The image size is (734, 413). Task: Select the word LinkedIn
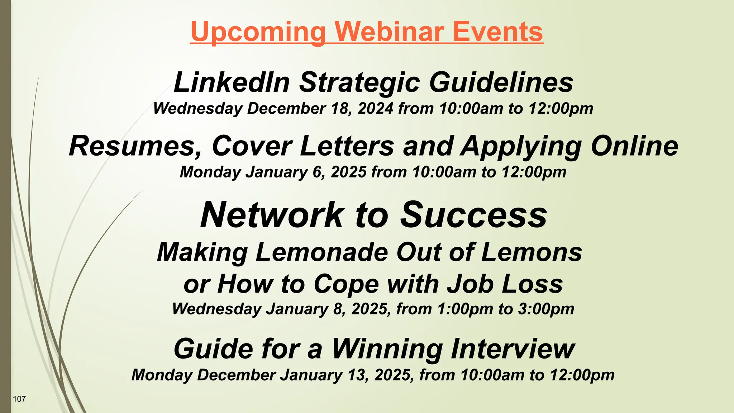tap(232, 82)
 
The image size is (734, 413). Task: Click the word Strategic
tap(359, 83)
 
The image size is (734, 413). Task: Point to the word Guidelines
tap(501, 82)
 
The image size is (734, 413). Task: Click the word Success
tap(473, 215)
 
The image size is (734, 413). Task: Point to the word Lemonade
tap(321, 252)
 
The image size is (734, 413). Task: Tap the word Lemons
tap(532, 252)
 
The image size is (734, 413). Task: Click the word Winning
tap(387, 348)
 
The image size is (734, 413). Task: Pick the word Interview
tap(513, 348)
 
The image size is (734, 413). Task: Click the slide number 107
tap(19, 399)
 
